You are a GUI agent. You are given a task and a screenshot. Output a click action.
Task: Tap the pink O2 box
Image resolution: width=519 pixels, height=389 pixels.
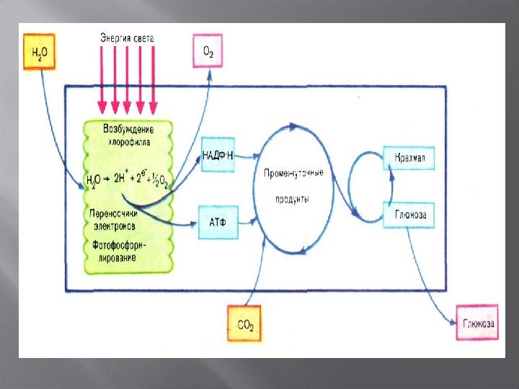click(208, 50)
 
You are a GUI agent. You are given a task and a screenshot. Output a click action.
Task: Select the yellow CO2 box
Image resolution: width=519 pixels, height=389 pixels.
click(244, 323)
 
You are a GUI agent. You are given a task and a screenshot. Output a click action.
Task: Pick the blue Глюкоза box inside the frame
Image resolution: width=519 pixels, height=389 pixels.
click(409, 215)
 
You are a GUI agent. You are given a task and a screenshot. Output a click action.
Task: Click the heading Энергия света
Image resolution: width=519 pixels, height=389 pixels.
click(127, 37)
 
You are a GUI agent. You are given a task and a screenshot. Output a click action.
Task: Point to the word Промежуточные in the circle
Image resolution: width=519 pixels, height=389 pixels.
click(293, 174)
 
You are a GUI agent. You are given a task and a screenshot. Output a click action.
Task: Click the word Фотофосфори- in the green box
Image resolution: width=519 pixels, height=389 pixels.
click(118, 245)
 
